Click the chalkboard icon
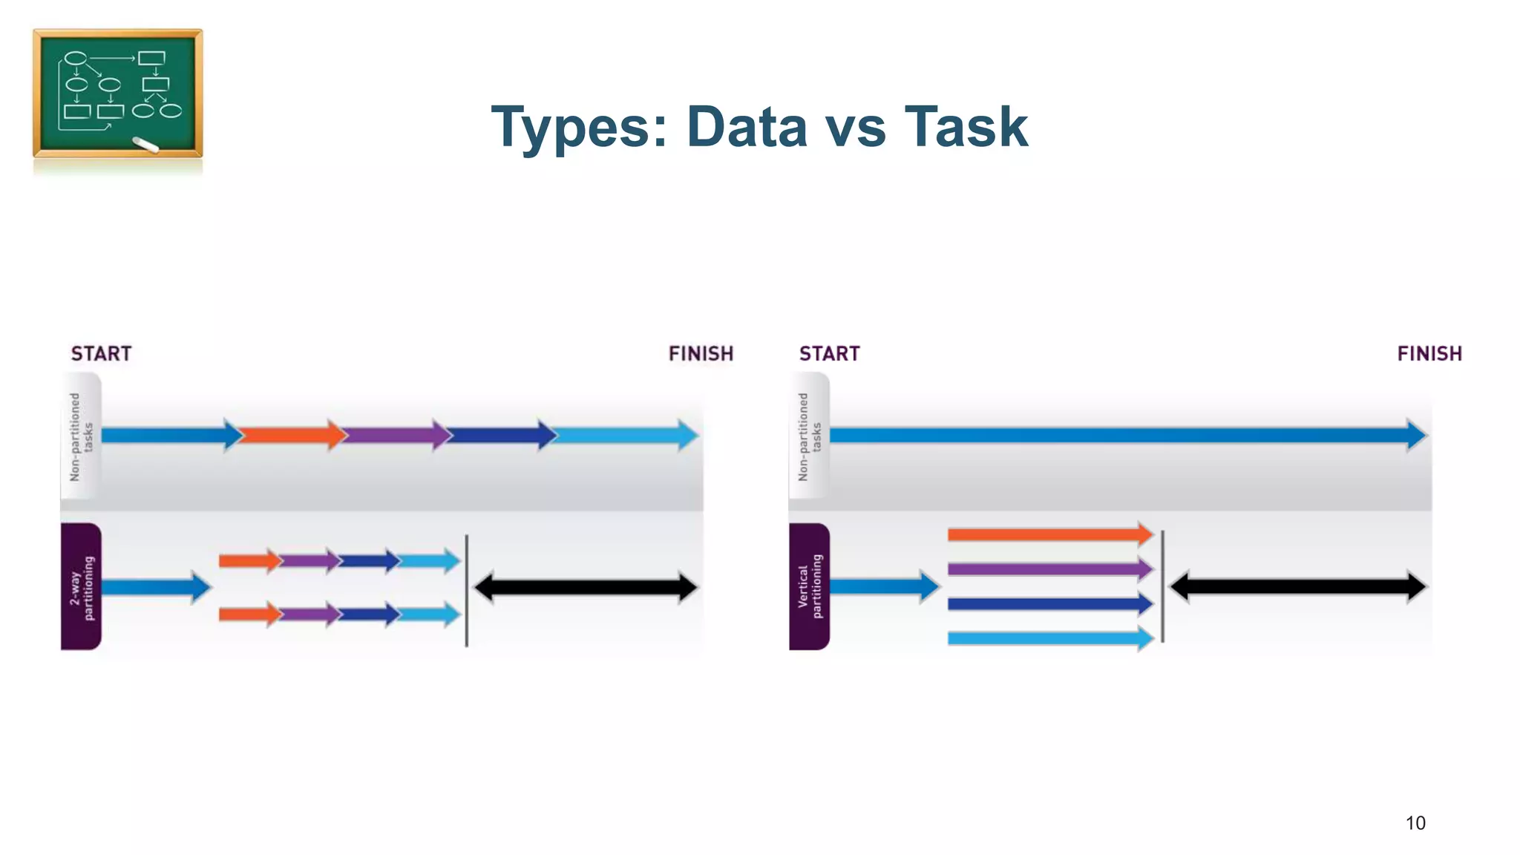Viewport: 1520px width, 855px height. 117,93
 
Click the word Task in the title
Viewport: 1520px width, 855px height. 966,127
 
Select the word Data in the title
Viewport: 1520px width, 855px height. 747,127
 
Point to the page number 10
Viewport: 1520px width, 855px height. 1415,823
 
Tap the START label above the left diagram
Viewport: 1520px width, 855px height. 101,354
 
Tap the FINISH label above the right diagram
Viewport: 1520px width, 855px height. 1429,354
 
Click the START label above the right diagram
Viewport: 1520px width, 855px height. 829,354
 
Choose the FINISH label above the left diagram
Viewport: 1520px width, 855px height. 701,354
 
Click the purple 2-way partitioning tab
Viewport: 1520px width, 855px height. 81,586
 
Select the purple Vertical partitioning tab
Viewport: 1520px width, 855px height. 809,586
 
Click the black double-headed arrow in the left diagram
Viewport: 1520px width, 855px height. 586,588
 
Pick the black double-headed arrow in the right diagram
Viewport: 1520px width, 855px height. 1297,586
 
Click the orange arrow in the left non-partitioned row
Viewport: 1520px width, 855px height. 292,435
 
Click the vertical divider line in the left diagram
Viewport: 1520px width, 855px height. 466,590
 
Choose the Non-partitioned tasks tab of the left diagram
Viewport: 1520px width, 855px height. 81,436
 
